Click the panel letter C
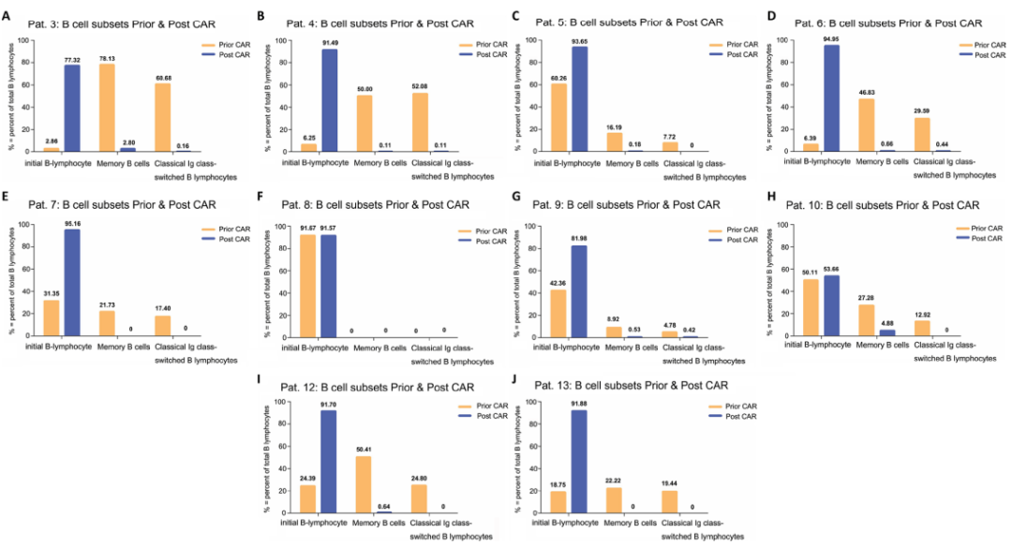pos(518,16)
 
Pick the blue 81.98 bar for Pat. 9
pos(580,291)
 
